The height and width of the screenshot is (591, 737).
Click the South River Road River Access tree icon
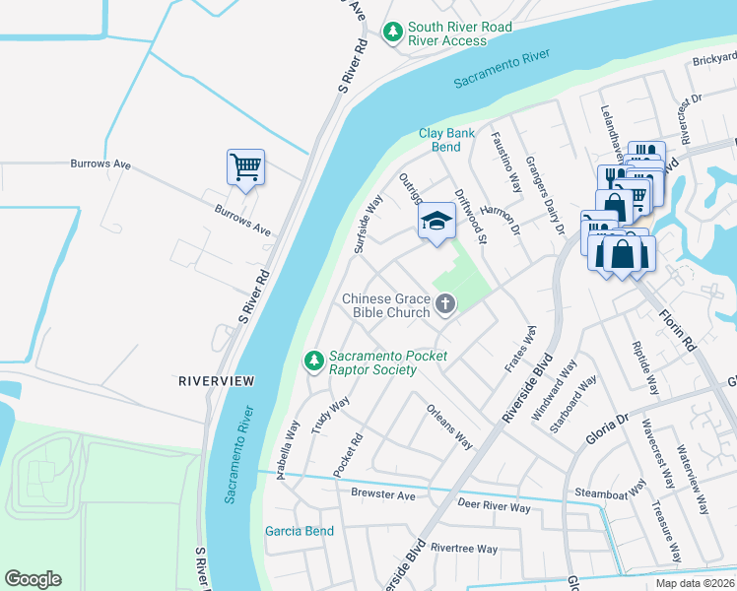[x=393, y=33]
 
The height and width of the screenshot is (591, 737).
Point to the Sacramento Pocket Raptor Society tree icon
[x=314, y=361]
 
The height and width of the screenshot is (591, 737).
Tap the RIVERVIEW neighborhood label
[x=216, y=380]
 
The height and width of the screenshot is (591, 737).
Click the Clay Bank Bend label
[x=446, y=140]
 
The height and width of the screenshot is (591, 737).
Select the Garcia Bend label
[x=299, y=531]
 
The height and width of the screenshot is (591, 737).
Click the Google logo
[x=33, y=579]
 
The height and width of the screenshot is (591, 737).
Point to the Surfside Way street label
[x=368, y=223]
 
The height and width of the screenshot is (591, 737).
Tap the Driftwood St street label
[x=469, y=217]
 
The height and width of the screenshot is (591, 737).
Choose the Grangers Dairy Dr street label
[x=544, y=195]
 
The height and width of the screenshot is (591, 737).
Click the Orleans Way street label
[x=448, y=426]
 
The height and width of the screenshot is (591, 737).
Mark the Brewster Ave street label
[x=382, y=495]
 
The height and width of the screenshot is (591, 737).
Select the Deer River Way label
[x=495, y=507]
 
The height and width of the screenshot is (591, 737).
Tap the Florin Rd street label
[x=678, y=325]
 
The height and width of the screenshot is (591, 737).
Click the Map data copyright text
[x=696, y=583]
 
